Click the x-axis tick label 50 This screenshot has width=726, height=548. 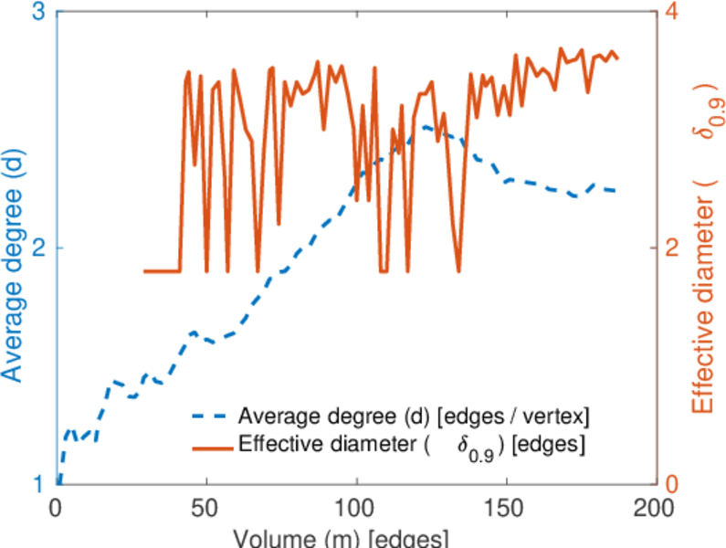(x=206, y=506)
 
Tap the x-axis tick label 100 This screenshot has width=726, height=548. (x=356, y=506)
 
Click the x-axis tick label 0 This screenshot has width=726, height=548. (x=58, y=506)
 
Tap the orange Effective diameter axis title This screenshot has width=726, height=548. (x=704, y=256)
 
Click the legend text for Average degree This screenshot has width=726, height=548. (x=414, y=417)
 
